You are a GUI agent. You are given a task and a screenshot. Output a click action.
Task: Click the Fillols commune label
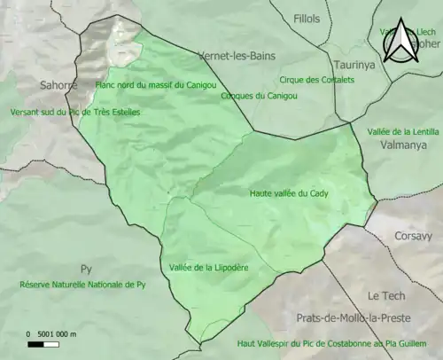tap(307, 18)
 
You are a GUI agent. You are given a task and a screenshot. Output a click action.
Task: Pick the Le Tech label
tap(386, 296)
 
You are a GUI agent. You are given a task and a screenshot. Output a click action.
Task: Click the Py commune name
tap(86, 269)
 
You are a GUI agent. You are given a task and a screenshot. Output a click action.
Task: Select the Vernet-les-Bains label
tap(232, 54)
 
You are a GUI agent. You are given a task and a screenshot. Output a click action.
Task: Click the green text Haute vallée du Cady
tap(289, 192)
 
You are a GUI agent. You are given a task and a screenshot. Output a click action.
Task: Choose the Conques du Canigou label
tap(253, 95)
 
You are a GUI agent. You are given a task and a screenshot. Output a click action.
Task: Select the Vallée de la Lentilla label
tap(402, 130)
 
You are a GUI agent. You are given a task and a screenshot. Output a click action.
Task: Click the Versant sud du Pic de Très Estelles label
tap(74, 113)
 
